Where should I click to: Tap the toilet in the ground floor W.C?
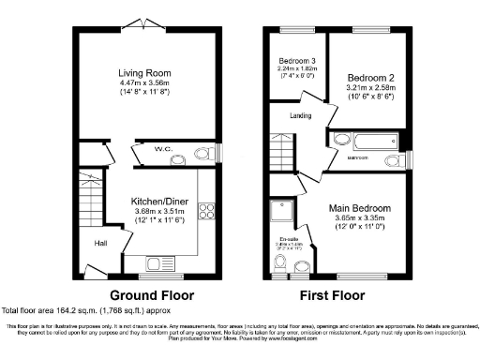click(x=201, y=155)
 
